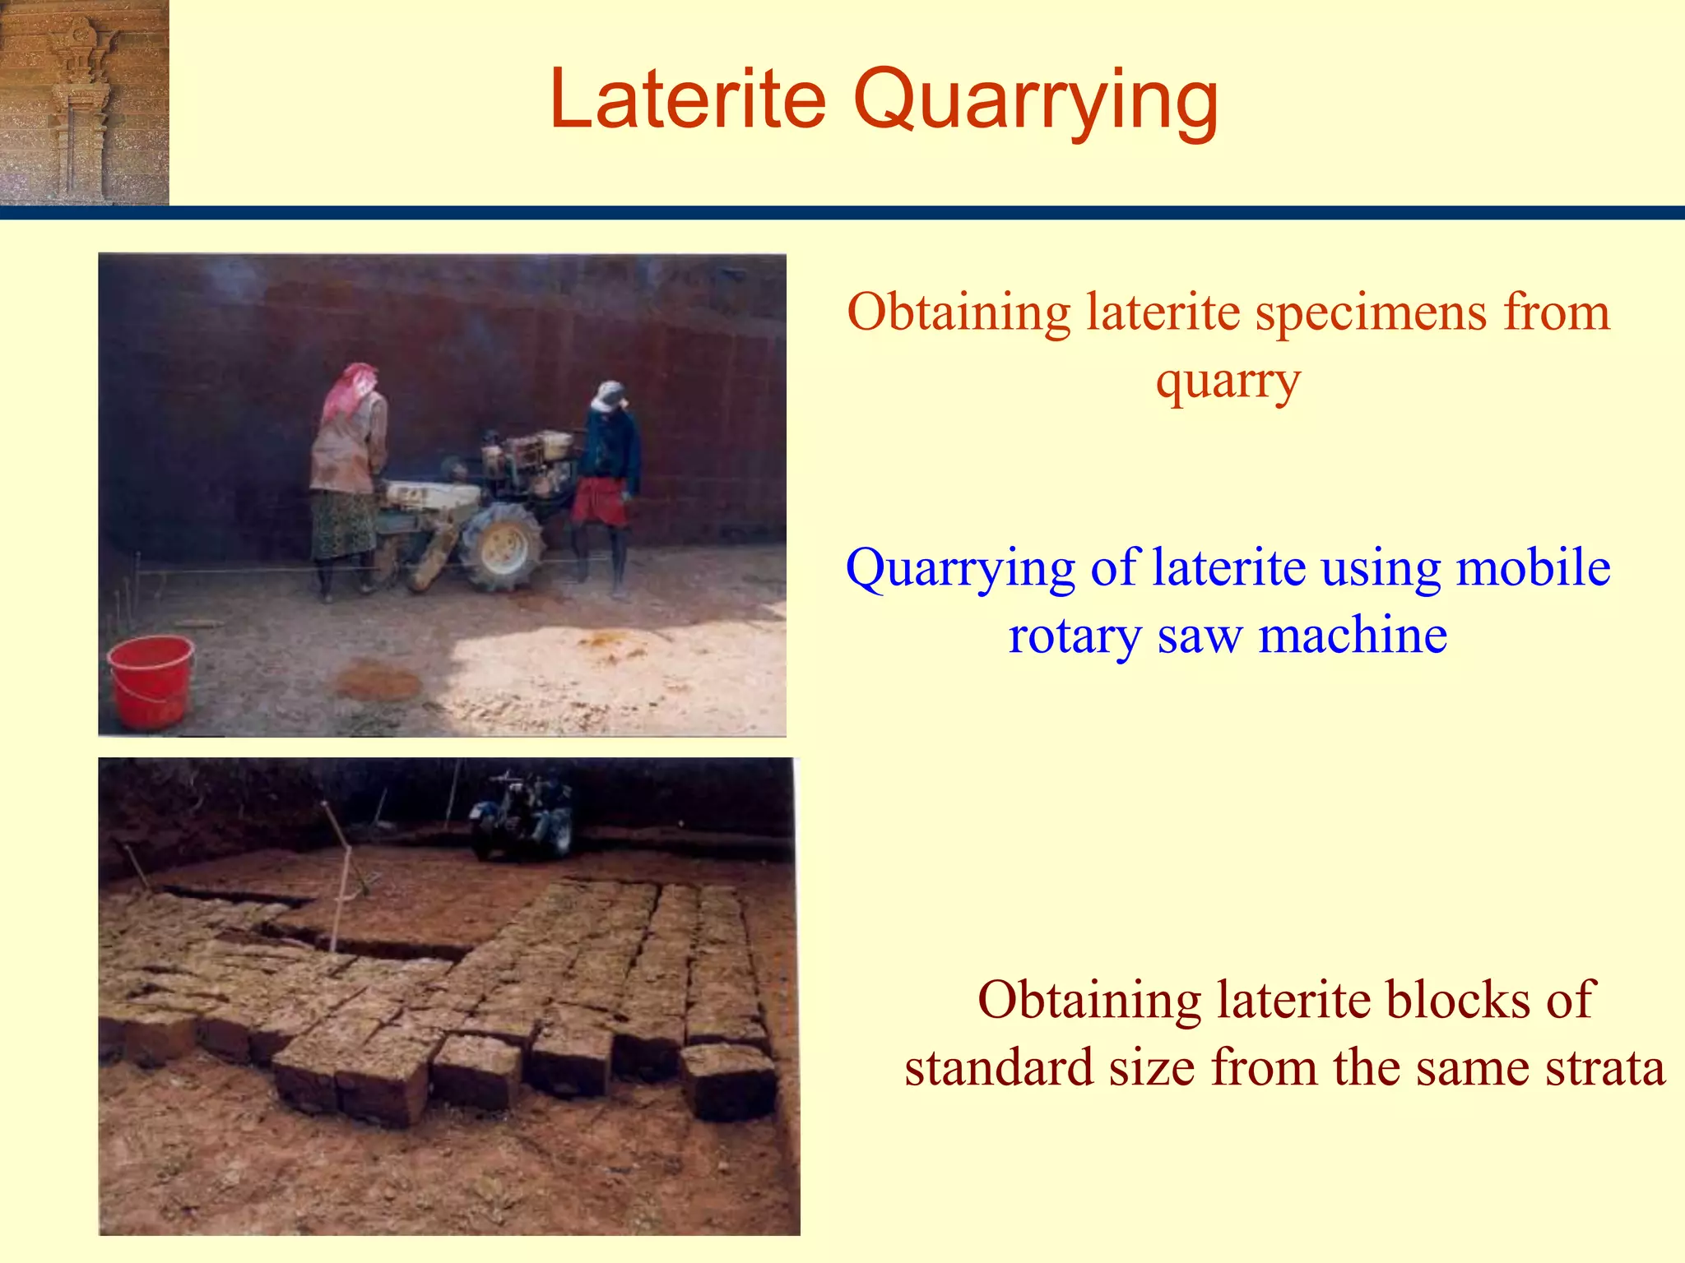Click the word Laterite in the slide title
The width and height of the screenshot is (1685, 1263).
click(688, 99)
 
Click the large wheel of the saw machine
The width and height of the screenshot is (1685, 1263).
click(501, 547)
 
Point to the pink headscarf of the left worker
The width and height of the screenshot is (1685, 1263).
click(349, 390)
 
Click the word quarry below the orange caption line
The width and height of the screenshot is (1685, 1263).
click(1228, 382)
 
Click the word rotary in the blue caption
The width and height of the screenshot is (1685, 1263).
click(1075, 636)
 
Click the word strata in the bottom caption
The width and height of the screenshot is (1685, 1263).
click(1605, 1067)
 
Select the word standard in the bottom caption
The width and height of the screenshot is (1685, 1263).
click(998, 1067)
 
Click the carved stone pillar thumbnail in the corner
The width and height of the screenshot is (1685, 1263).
click(84, 102)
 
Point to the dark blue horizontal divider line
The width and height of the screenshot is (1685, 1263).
click(842, 213)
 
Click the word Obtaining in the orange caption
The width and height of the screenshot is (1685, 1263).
click(959, 312)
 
